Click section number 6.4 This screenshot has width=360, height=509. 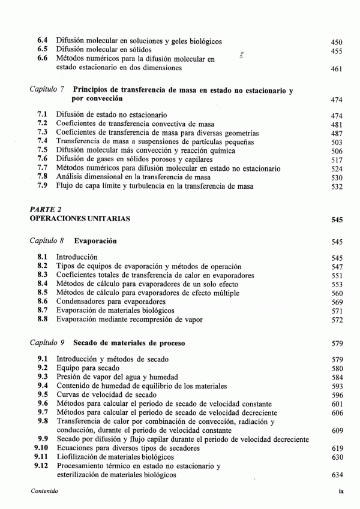[43, 41]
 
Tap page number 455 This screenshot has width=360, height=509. [337, 51]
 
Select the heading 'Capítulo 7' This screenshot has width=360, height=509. [47, 89]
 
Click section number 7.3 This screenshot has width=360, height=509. [43, 132]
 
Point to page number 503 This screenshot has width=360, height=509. [337, 142]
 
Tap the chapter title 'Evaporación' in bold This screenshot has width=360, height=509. [95, 241]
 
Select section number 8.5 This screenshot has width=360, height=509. [43, 293]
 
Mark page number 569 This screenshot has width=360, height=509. [337, 302]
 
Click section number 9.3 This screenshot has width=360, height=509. [43, 377]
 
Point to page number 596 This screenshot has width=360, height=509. [337, 396]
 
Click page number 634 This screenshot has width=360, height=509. [337, 475]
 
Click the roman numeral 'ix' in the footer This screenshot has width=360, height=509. [340, 491]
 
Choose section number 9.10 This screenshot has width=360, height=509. [41, 448]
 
